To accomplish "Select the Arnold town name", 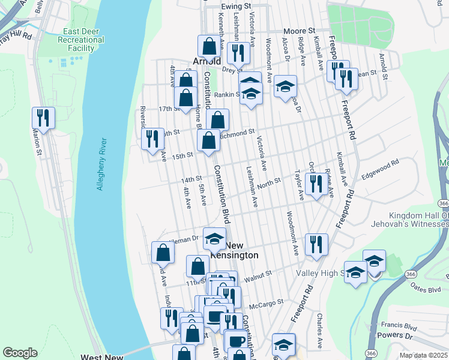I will coord(206,62).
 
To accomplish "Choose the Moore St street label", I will coord(300,30).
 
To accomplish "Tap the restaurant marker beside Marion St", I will coord(44,117).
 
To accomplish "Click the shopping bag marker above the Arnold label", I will coord(209,46).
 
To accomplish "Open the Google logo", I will coord(20,353).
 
